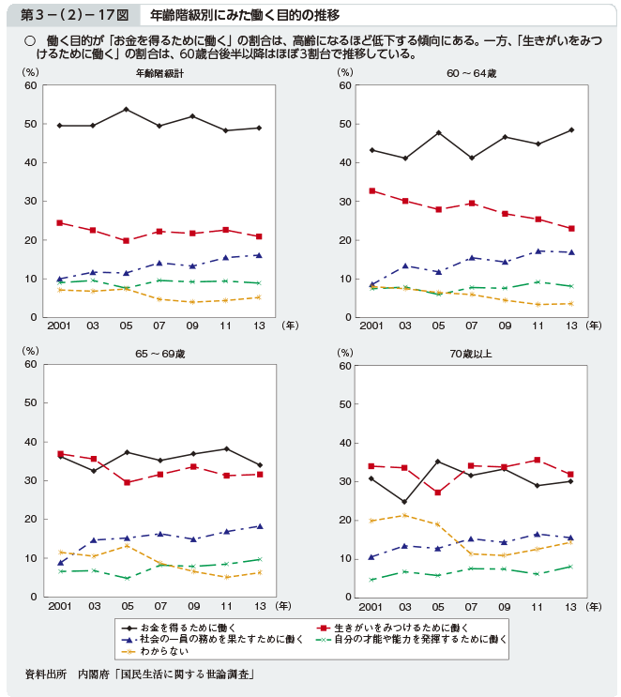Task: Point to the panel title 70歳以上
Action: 471,354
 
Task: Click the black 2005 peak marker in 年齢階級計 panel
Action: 126,110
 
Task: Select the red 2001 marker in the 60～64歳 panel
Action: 372,190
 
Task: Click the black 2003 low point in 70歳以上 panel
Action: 405,502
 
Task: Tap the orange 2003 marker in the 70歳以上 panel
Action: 405,515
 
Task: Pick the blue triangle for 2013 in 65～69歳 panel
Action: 260,526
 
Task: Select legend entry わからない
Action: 163,650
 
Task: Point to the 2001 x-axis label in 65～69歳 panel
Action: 59,606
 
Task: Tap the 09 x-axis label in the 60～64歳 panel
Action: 505,326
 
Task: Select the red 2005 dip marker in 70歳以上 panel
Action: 438,492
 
